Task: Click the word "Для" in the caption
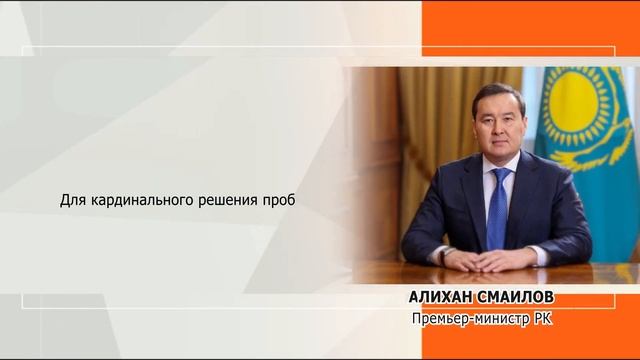pos(72,200)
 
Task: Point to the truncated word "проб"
pos(282,200)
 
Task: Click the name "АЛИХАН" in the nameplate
pos(441,298)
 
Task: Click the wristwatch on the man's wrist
pos(447,253)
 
